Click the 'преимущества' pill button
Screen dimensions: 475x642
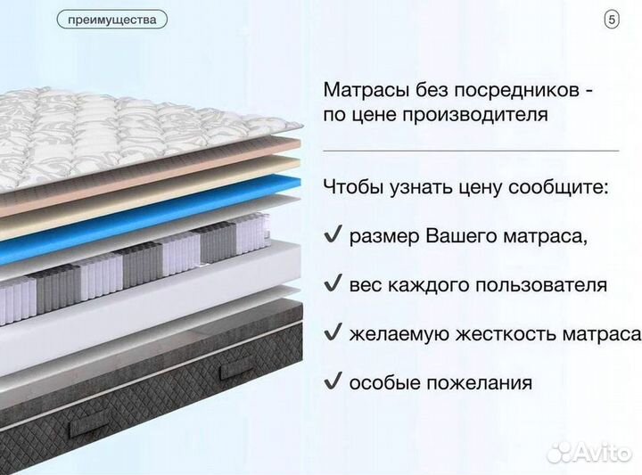point(111,19)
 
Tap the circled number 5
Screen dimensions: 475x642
point(612,19)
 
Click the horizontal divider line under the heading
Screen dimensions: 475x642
point(470,151)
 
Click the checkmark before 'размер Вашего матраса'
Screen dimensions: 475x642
point(332,236)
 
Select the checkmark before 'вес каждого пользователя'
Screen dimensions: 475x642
point(332,284)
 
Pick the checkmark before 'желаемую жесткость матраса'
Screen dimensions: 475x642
point(332,333)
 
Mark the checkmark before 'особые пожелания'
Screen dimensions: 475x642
point(332,381)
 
